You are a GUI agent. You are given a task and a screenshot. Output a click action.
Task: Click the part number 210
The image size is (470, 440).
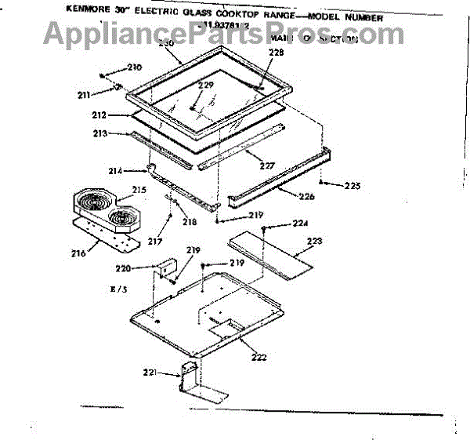(x=135, y=67)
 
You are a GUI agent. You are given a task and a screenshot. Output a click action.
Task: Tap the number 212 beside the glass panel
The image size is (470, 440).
(x=99, y=116)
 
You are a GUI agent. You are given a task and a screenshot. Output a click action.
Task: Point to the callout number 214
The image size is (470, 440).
(x=115, y=171)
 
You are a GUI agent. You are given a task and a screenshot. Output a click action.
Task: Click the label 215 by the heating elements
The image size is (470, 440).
(x=139, y=190)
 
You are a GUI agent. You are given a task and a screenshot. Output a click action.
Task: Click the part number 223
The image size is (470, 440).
(x=313, y=241)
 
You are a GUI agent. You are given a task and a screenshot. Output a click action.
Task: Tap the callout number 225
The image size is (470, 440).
(x=352, y=187)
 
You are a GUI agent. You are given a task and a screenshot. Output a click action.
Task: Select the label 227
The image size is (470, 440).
(x=268, y=165)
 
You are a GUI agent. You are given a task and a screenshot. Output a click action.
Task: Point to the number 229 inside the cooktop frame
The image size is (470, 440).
(x=205, y=85)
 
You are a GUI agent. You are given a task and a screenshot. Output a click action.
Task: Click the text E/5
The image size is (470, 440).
(x=118, y=290)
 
